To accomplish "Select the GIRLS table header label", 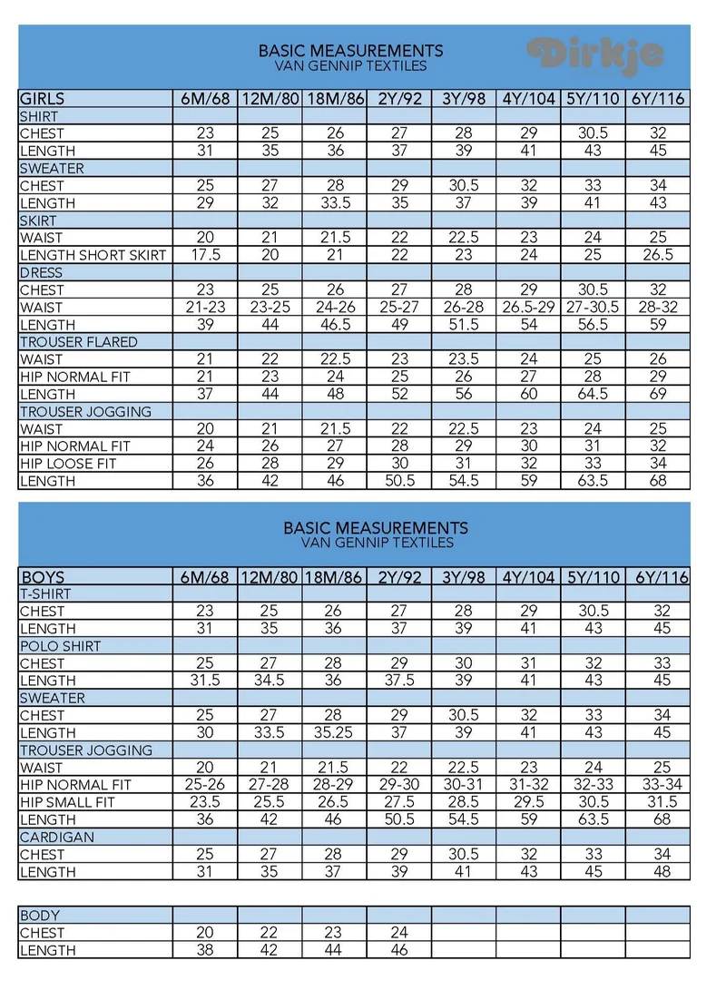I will click(x=43, y=99).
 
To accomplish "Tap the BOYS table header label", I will click(x=43, y=577).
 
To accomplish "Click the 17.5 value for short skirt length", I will click(x=205, y=255).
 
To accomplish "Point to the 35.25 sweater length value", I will click(x=335, y=732).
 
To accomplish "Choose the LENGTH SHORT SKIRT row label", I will click(x=93, y=255).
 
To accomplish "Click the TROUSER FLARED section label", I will click(x=79, y=342).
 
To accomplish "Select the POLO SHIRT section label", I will click(x=61, y=646).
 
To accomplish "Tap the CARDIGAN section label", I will click(x=57, y=837).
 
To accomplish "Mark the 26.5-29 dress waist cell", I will click(x=528, y=308).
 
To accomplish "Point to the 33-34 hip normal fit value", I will click(x=659, y=785).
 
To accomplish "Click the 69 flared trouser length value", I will click(x=659, y=395).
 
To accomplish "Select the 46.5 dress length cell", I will click(x=335, y=325).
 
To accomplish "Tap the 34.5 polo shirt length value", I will click(x=270, y=681).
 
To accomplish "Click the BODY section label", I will click(x=39, y=916).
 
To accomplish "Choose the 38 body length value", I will click(x=205, y=950).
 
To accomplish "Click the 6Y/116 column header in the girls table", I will click(x=659, y=99).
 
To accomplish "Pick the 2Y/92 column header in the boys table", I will click(x=399, y=577).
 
